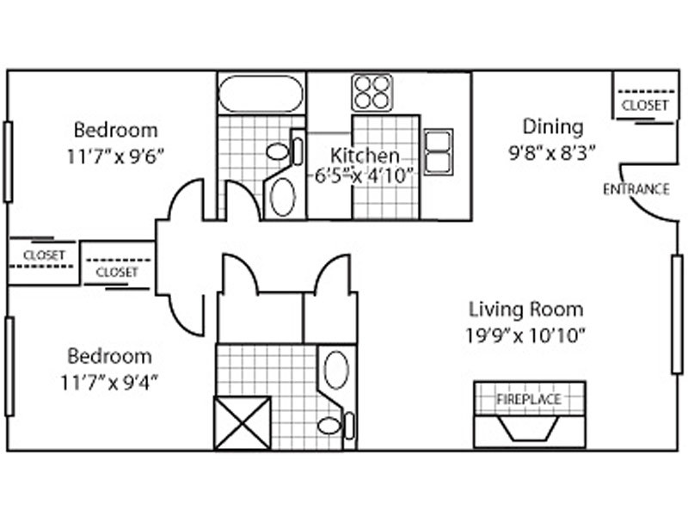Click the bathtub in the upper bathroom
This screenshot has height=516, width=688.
click(261, 94)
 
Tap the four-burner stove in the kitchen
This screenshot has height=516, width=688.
click(372, 92)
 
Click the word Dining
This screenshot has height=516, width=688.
click(553, 126)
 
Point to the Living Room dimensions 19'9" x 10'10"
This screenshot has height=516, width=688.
click(525, 336)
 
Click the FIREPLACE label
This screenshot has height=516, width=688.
click(529, 399)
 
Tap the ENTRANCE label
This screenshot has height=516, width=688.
click(636, 189)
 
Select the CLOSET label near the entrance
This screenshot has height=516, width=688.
click(644, 105)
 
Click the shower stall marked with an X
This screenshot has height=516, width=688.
click(243, 423)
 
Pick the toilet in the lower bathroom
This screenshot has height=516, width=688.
click(335, 425)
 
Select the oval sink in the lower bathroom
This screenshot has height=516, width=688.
click(336, 370)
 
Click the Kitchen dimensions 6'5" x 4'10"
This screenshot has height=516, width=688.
click(365, 176)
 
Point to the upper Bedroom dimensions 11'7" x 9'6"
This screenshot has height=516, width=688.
click(115, 157)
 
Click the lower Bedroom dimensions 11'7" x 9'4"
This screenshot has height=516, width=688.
click(109, 383)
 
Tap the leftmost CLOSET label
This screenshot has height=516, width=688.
click(44, 255)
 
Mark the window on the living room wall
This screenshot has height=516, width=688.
click(677, 314)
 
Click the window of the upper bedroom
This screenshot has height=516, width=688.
click(8, 162)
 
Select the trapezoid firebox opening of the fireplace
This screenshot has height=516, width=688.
click(529, 427)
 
